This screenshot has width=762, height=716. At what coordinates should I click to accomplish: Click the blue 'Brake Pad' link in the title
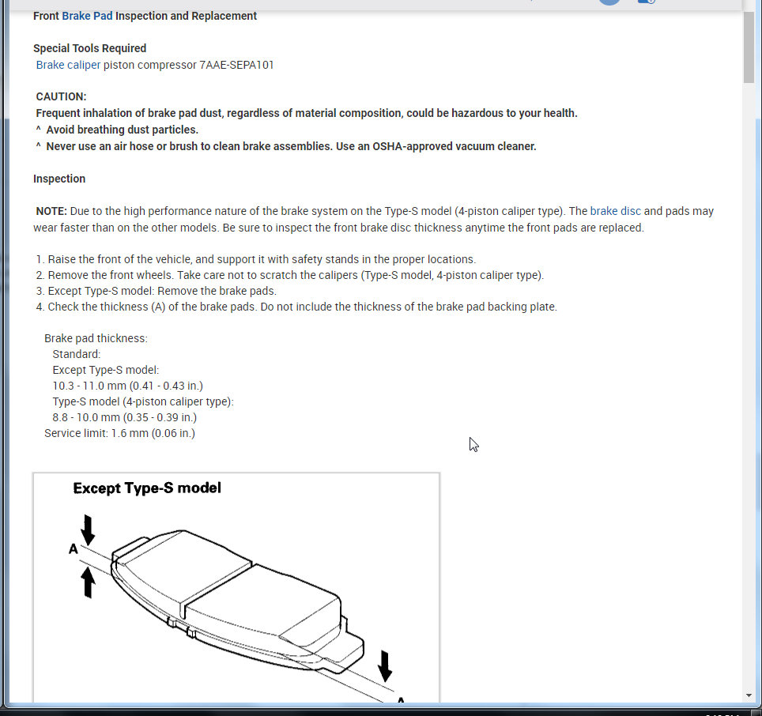[87, 16]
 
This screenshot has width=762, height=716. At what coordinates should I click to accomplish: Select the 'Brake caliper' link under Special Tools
[68, 65]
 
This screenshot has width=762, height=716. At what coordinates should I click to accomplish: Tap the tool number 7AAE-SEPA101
[236, 65]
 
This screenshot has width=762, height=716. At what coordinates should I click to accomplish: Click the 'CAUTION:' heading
[61, 96]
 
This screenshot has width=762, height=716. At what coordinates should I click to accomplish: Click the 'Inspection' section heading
[59, 179]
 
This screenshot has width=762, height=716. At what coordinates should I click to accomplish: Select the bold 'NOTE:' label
[51, 211]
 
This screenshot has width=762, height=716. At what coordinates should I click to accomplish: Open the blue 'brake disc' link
[615, 211]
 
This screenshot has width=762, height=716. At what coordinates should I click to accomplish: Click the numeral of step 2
[40, 275]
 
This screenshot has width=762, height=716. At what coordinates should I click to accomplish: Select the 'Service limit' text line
[119, 433]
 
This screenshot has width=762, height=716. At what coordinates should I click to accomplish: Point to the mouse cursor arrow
[473, 443]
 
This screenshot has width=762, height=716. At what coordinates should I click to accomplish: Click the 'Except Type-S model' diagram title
[147, 488]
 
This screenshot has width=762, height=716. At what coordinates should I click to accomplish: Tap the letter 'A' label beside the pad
[74, 548]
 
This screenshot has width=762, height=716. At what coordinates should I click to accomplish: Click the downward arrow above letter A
[88, 528]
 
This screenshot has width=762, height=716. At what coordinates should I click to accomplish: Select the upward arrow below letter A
[89, 582]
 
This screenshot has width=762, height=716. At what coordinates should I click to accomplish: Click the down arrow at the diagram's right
[385, 665]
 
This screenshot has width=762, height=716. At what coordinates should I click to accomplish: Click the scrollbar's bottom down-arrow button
[749, 695]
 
